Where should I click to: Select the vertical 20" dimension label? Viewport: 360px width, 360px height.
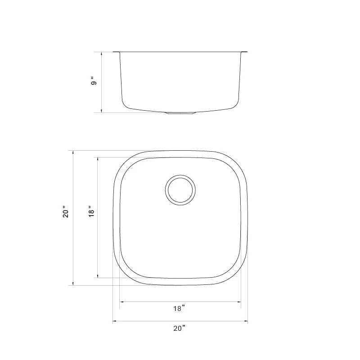tap(66, 212)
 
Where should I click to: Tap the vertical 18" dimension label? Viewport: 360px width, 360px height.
tap(91, 211)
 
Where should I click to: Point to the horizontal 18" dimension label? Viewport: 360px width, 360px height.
tap(179, 309)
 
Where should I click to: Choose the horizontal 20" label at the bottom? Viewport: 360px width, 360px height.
tap(179, 328)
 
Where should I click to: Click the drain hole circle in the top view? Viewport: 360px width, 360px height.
tap(180, 190)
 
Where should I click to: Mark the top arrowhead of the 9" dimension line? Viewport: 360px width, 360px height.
tap(102, 54)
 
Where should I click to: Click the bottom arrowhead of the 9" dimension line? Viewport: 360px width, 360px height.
tap(102, 111)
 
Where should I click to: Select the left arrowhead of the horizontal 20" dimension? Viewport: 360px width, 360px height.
tap(114, 321)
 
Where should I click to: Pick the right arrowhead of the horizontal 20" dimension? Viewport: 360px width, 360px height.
tap(246, 321)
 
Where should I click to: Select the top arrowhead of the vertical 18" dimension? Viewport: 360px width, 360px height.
tap(97, 159)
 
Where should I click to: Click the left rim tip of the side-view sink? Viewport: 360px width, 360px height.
tap(114, 52)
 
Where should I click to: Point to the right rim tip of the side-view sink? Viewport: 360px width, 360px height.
tap(246, 52)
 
